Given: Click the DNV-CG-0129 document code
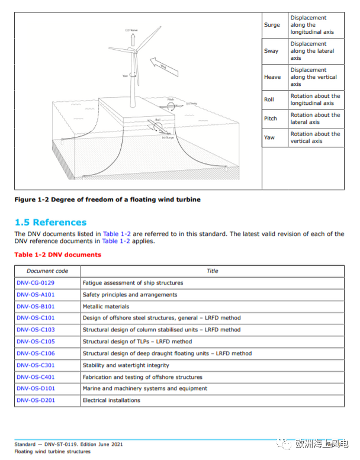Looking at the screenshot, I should [x=36, y=283].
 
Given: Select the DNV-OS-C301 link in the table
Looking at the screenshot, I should [x=36, y=365].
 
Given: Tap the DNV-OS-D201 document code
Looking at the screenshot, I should [x=36, y=401].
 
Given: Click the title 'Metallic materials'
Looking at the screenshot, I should [x=107, y=307].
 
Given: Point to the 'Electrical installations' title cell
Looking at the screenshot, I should [x=111, y=401].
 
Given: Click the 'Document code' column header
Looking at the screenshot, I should [x=47, y=271].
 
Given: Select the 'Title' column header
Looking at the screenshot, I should [x=213, y=271].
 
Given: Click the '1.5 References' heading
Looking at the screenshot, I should [x=50, y=223].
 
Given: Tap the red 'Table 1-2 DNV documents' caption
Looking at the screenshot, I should [x=58, y=255].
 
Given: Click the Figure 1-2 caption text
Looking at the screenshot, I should [x=107, y=200].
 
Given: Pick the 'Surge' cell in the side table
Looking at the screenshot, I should [x=272, y=25].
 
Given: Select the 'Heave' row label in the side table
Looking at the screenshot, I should [x=272, y=78].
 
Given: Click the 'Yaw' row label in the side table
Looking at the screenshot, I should [x=269, y=138].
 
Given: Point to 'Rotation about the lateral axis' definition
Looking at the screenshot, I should [x=315, y=118].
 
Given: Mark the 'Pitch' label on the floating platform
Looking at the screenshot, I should [x=171, y=100].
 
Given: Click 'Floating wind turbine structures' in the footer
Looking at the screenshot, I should [x=53, y=452].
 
